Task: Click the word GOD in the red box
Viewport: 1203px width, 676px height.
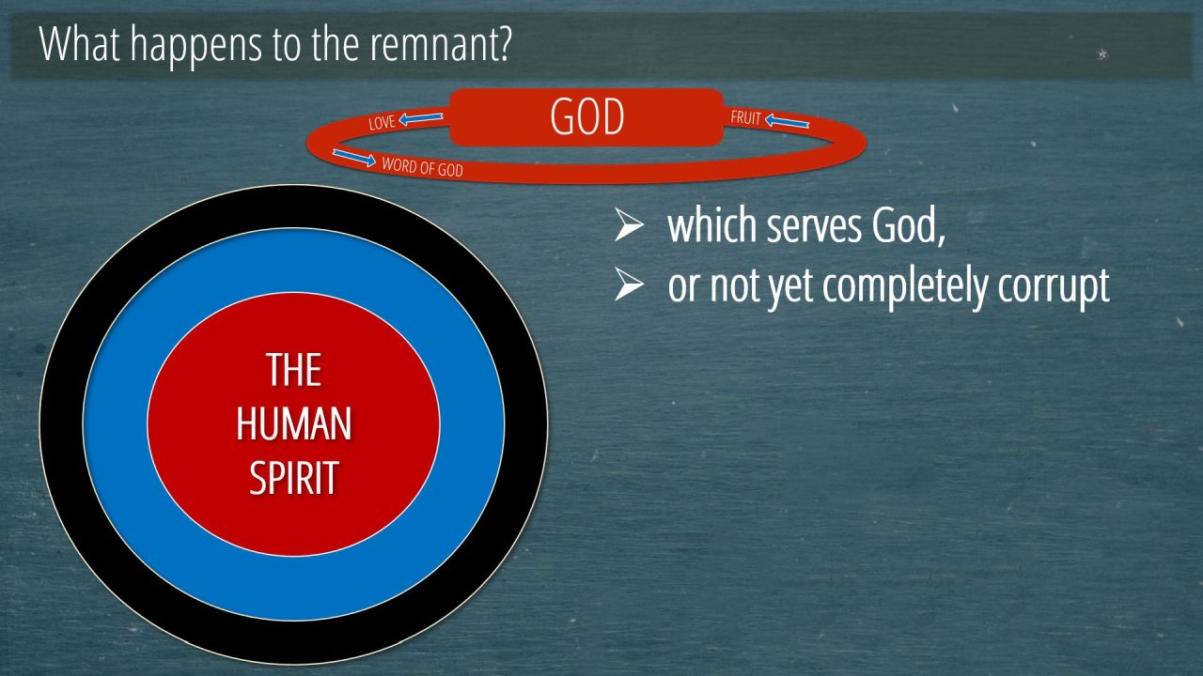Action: coord(587,117)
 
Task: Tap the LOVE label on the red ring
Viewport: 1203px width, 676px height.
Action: coord(382,122)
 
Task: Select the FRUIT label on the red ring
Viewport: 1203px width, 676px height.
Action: coord(746,117)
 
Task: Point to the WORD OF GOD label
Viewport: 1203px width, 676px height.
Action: coord(422,167)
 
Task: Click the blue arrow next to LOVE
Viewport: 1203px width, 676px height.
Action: coord(421,117)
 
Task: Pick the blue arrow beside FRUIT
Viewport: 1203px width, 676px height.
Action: coord(787,121)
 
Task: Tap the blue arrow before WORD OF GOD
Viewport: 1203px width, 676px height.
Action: coord(354,157)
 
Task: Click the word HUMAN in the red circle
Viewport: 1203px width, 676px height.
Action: coord(294,423)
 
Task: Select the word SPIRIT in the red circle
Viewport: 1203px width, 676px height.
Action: coord(294,477)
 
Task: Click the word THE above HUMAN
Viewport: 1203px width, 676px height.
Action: coord(294,370)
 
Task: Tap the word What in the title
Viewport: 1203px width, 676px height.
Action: coord(79,43)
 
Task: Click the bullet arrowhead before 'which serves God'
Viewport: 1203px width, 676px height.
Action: coord(629,224)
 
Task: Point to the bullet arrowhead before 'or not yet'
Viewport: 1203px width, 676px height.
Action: coord(629,284)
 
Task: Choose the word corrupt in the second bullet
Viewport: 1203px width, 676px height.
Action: coord(1054,286)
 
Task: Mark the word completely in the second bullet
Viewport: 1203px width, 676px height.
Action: coord(904,286)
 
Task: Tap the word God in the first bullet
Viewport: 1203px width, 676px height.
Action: coord(908,226)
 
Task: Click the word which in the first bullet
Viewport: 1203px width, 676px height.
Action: coord(712,225)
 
